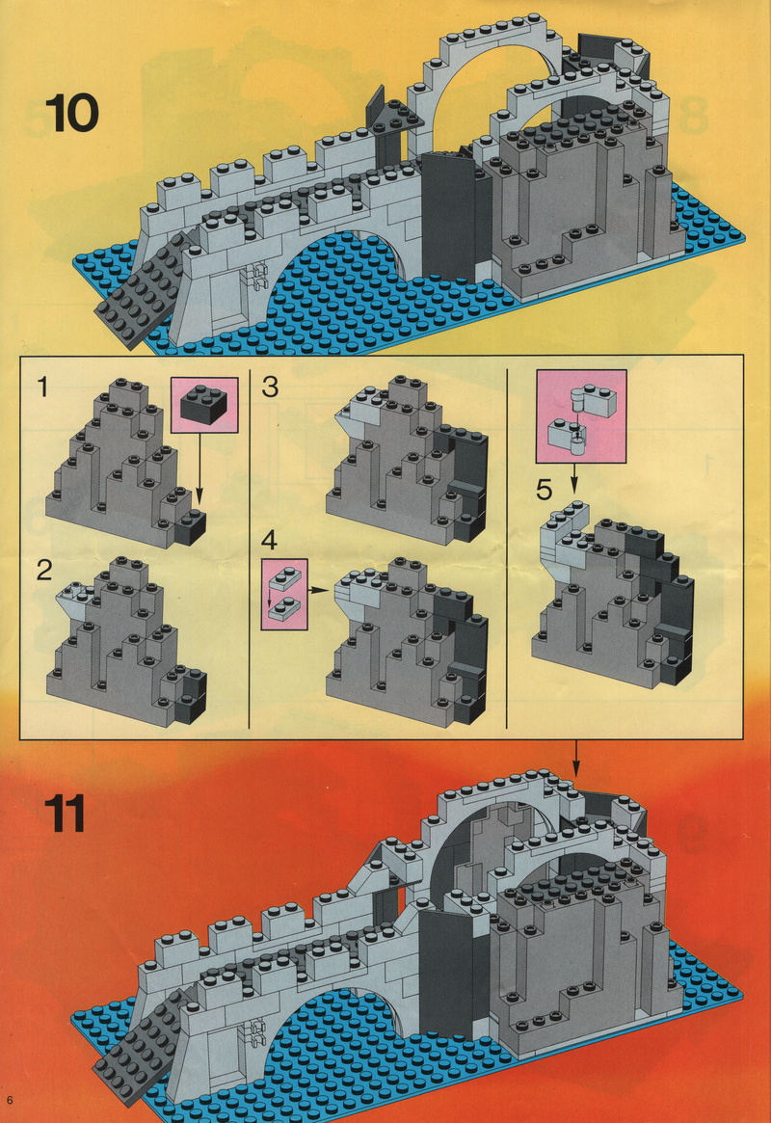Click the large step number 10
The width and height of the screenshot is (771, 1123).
click(72, 113)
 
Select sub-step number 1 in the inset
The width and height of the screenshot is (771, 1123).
click(43, 387)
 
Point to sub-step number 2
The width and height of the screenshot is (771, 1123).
click(44, 571)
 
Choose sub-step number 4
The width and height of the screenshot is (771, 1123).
click(269, 539)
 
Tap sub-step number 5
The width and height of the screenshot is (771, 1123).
click(545, 490)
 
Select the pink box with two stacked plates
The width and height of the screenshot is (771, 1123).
click(284, 595)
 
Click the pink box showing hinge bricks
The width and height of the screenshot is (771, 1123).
click(581, 416)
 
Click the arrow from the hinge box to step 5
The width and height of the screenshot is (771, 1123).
click(573, 478)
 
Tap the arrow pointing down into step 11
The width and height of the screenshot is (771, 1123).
click(576, 759)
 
